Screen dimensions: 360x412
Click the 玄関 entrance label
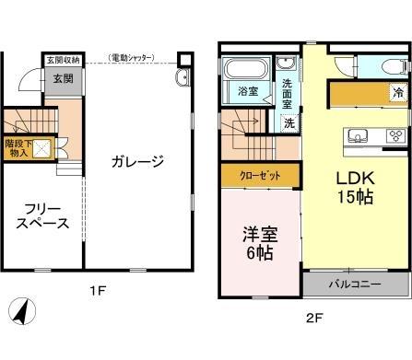[63, 79]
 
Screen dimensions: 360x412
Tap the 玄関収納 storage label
[63, 60]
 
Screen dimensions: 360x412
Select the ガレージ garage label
[137, 162]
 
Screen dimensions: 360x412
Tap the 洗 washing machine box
[289, 122]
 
